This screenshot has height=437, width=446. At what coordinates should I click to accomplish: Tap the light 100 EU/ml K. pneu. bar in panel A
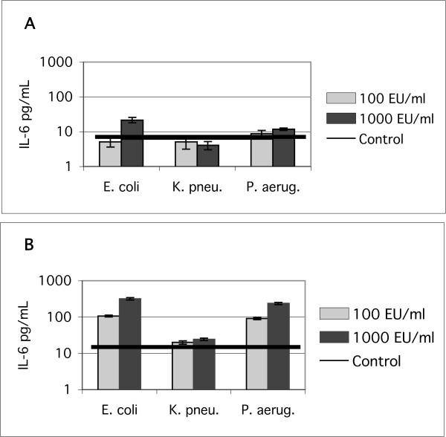186,154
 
